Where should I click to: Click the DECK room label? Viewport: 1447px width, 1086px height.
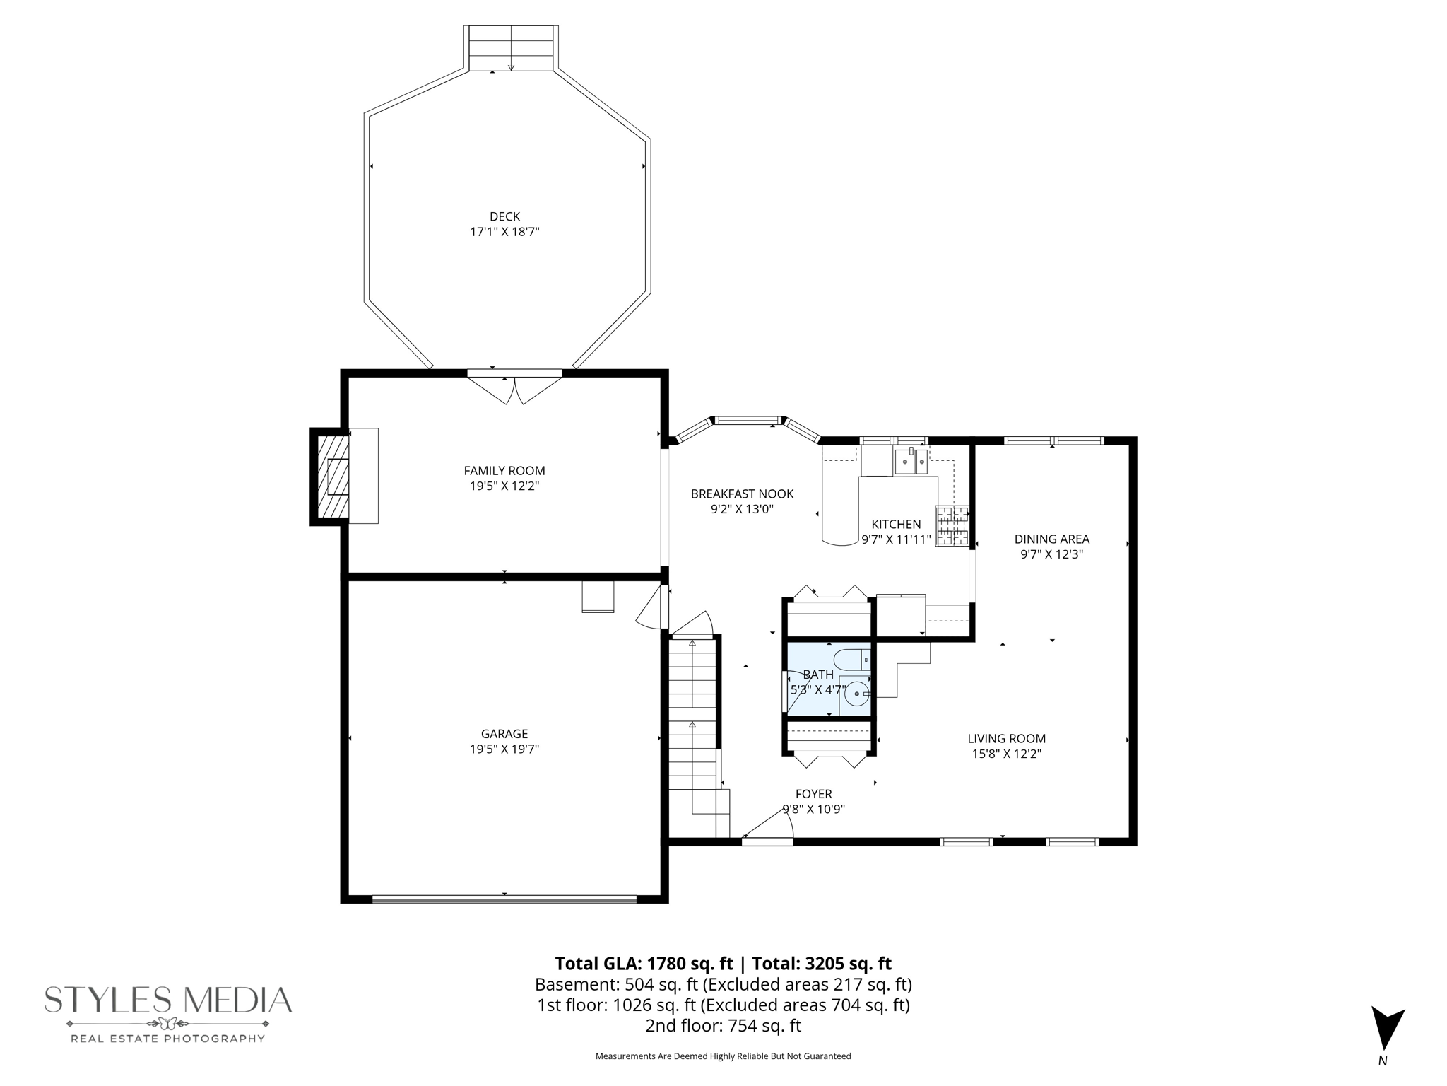504,216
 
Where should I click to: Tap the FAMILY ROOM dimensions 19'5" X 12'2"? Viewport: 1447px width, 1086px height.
504,486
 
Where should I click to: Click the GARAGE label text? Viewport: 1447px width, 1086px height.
504,734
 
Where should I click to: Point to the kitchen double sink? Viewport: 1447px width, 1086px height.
911,462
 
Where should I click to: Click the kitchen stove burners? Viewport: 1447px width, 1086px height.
952,526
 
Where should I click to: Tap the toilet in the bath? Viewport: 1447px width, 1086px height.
852,660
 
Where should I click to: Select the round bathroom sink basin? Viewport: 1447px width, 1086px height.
856,694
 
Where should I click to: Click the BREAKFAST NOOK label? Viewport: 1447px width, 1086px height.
742,494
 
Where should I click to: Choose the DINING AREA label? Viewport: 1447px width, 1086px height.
1051,539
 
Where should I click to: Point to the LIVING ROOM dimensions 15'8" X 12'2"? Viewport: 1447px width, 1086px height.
1006,754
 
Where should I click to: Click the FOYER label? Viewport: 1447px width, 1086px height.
813,794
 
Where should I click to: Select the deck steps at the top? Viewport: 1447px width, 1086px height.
511,48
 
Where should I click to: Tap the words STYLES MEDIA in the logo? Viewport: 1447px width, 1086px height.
168,1000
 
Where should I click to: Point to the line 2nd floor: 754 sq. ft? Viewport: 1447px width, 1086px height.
723,1025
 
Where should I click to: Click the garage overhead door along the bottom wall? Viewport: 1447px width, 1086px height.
504,899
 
